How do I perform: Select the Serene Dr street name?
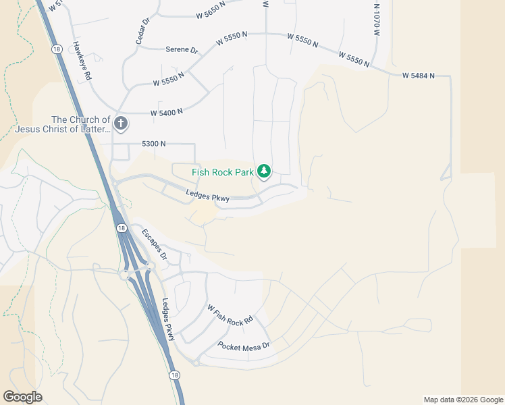click(182, 50)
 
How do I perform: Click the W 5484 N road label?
click(419, 76)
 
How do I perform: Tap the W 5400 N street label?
click(166, 112)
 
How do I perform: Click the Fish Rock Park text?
click(223, 172)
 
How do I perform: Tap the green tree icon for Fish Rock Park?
click(265, 170)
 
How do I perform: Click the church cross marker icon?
click(121, 123)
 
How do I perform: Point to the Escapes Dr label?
click(154, 244)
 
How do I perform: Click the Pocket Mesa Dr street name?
click(243, 346)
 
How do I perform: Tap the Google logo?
click(22, 397)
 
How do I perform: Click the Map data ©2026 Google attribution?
click(463, 400)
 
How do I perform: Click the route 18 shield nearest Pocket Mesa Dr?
click(174, 375)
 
